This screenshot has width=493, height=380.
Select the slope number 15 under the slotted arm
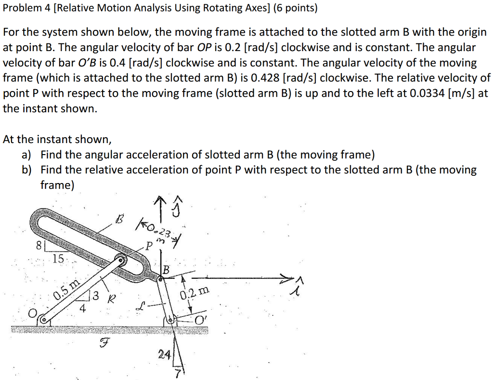(58, 259)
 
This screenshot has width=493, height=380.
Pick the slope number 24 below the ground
(164, 355)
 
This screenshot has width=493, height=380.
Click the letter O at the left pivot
(32, 314)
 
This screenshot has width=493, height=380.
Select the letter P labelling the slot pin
(151, 246)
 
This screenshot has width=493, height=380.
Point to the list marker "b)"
(26, 170)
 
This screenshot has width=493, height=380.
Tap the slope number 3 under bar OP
(96, 296)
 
